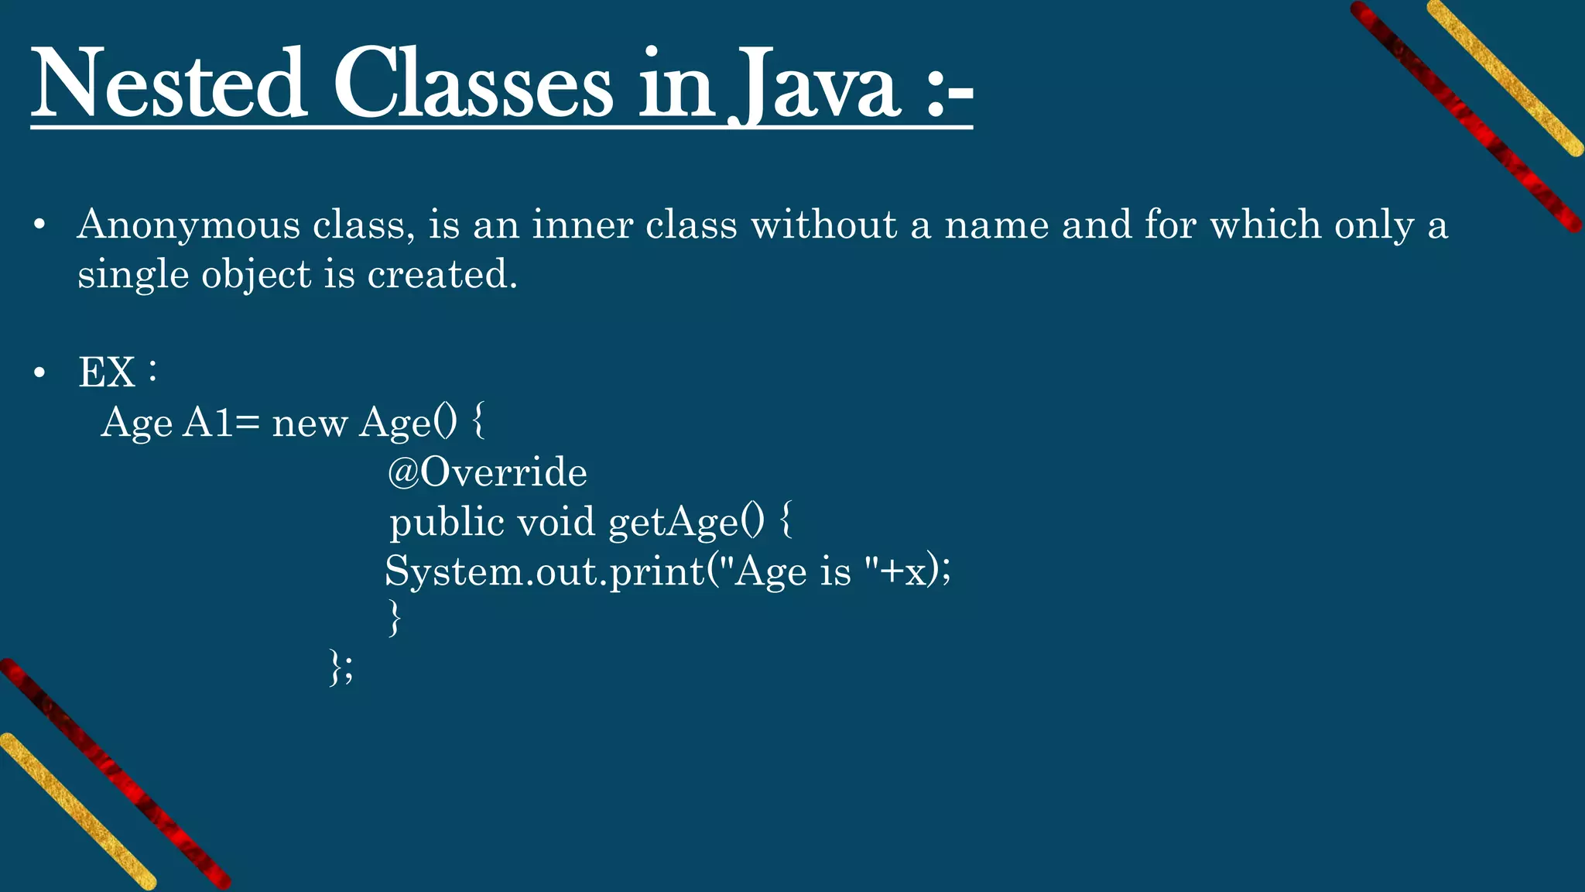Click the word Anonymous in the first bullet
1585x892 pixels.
(189, 226)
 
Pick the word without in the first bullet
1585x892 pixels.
(823, 225)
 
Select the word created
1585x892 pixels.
(442, 274)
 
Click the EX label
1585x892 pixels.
(107, 372)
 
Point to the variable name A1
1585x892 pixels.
(207, 423)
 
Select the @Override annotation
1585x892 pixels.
(487, 472)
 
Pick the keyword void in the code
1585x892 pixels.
(556, 521)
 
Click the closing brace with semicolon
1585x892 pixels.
(341, 667)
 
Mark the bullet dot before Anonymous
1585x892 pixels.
(39, 226)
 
